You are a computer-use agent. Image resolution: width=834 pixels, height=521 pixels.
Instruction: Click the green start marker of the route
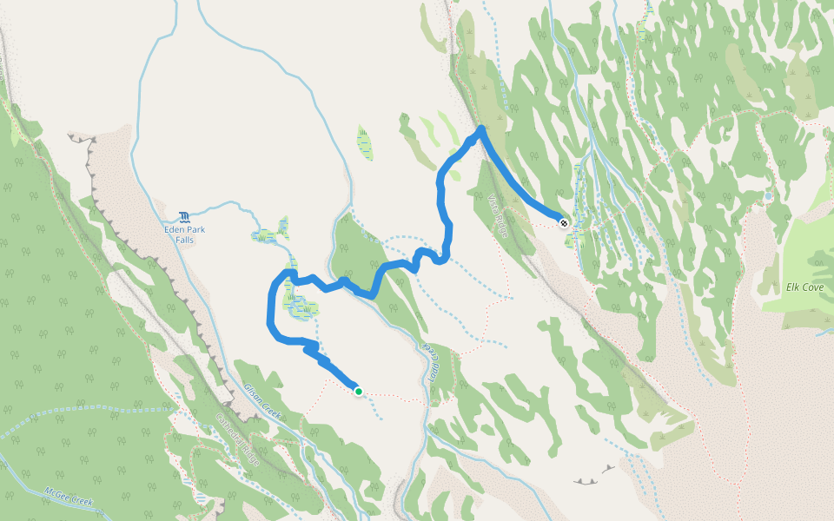coord(358,392)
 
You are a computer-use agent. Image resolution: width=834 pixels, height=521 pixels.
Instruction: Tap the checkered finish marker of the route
coord(564,222)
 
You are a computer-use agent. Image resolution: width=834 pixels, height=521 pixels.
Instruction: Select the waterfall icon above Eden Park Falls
coord(184,216)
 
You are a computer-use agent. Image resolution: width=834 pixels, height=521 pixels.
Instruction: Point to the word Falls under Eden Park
coord(184,240)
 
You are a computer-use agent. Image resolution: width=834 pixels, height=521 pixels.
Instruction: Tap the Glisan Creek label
coord(261,402)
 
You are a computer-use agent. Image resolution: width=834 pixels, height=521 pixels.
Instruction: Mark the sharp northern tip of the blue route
coord(481,129)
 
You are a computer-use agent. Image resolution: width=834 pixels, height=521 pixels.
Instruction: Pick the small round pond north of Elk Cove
coord(768,197)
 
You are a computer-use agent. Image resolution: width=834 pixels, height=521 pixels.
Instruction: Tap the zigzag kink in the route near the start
coord(313,349)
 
